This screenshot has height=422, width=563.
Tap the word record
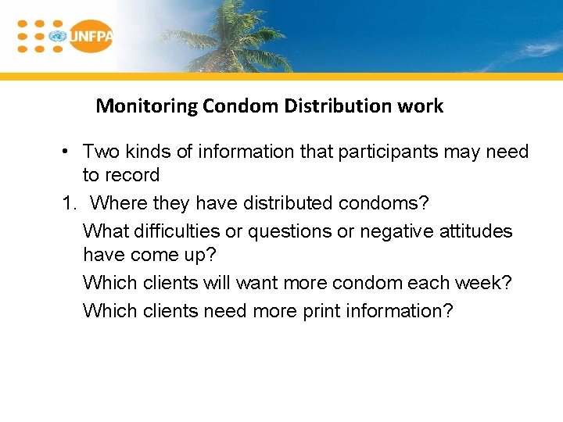[133, 175]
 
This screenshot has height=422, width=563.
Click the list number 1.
[69, 203]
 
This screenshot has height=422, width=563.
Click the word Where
[119, 203]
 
